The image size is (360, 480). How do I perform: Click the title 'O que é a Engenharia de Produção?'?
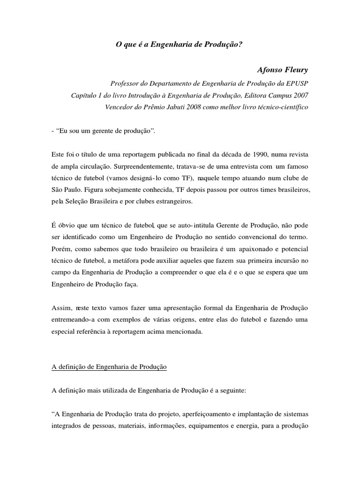tap(180, 45)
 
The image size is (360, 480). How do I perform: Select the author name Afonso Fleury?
tap(283, 70)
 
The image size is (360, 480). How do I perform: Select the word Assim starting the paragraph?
tap(60, 308)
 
